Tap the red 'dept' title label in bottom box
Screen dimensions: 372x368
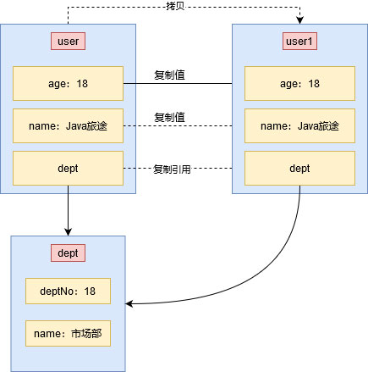(68, 253)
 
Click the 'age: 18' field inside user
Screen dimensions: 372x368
(68, 84)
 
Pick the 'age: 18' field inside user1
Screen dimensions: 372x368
(299, 84)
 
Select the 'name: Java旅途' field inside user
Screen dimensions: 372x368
(68, 126)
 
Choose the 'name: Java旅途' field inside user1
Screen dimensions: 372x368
(299, 126)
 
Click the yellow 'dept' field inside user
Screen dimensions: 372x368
(68, 169)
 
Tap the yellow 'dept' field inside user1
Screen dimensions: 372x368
(299, 169)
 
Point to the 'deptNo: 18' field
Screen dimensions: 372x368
(68, 291)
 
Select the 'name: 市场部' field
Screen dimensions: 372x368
(68, 334)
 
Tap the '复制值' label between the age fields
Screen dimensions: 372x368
(170, 75)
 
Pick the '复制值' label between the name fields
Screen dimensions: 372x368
(170, 117)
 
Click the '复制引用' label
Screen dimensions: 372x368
(172, 169)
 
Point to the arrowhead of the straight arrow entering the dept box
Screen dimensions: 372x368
(68, 231)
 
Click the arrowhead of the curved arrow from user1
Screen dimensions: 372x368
(131, 303)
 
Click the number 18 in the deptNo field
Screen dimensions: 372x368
(91, 291)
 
